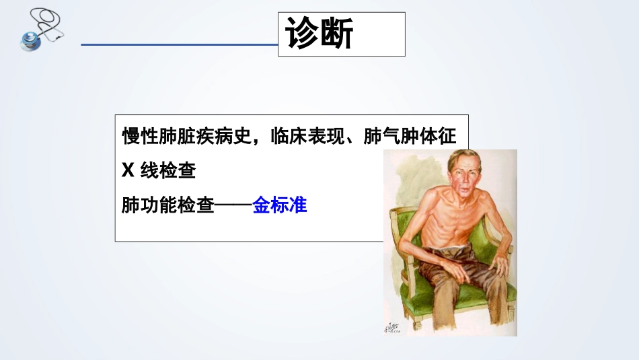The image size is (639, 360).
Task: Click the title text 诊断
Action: click(x=319, y=34)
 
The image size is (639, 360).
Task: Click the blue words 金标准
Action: click(x=280, y=205)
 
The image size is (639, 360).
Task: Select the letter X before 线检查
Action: click(x=127, y=172)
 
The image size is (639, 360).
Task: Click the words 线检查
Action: click(x=167, y=172)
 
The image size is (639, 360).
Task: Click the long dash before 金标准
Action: click(x=233, y=205)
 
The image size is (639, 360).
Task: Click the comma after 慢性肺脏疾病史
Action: click(x=260, y=140)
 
